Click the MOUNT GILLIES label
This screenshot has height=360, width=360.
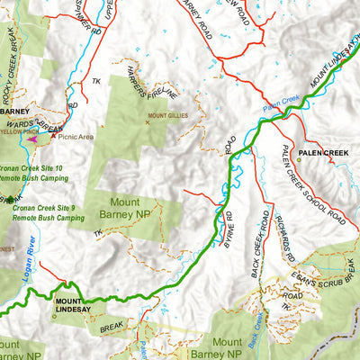pyautogui.click(x=167, y=116)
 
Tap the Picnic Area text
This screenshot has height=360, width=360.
pyautogui.click(x=76, y=137)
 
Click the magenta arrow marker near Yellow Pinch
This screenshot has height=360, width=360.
pyautogui.click(x=33, y=139)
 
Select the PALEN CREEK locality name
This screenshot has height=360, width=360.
pyautogui.click(x=323, y=153)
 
